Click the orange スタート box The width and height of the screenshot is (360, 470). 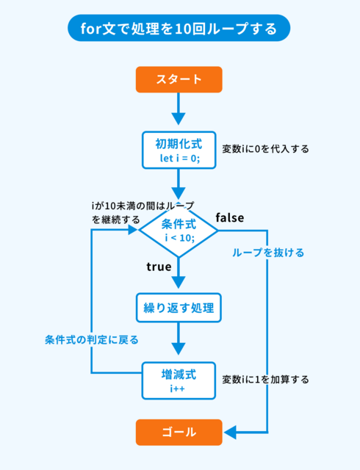179,79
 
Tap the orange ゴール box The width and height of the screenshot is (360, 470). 179,433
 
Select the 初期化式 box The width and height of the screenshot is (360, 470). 179,150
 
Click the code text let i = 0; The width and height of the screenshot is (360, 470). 180,158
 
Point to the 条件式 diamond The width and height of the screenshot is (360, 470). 179,231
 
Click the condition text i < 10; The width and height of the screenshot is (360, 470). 180,238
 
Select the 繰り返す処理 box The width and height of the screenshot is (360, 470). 179,308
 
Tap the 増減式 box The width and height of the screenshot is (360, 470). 179,380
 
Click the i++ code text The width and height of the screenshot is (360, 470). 178,388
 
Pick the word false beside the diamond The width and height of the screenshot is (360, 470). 230,217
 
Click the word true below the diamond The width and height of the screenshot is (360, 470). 159,267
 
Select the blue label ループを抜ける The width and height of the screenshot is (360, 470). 268,253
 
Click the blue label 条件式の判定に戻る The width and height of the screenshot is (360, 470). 92,340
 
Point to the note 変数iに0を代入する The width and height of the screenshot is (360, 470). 265,149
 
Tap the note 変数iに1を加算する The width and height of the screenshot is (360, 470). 265,380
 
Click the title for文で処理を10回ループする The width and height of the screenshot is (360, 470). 179,29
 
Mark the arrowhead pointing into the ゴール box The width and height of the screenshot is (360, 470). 230,433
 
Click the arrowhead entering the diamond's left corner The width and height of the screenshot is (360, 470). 132,230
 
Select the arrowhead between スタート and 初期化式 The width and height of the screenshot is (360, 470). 179,119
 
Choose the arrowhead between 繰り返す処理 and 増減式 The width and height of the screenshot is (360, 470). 179,349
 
